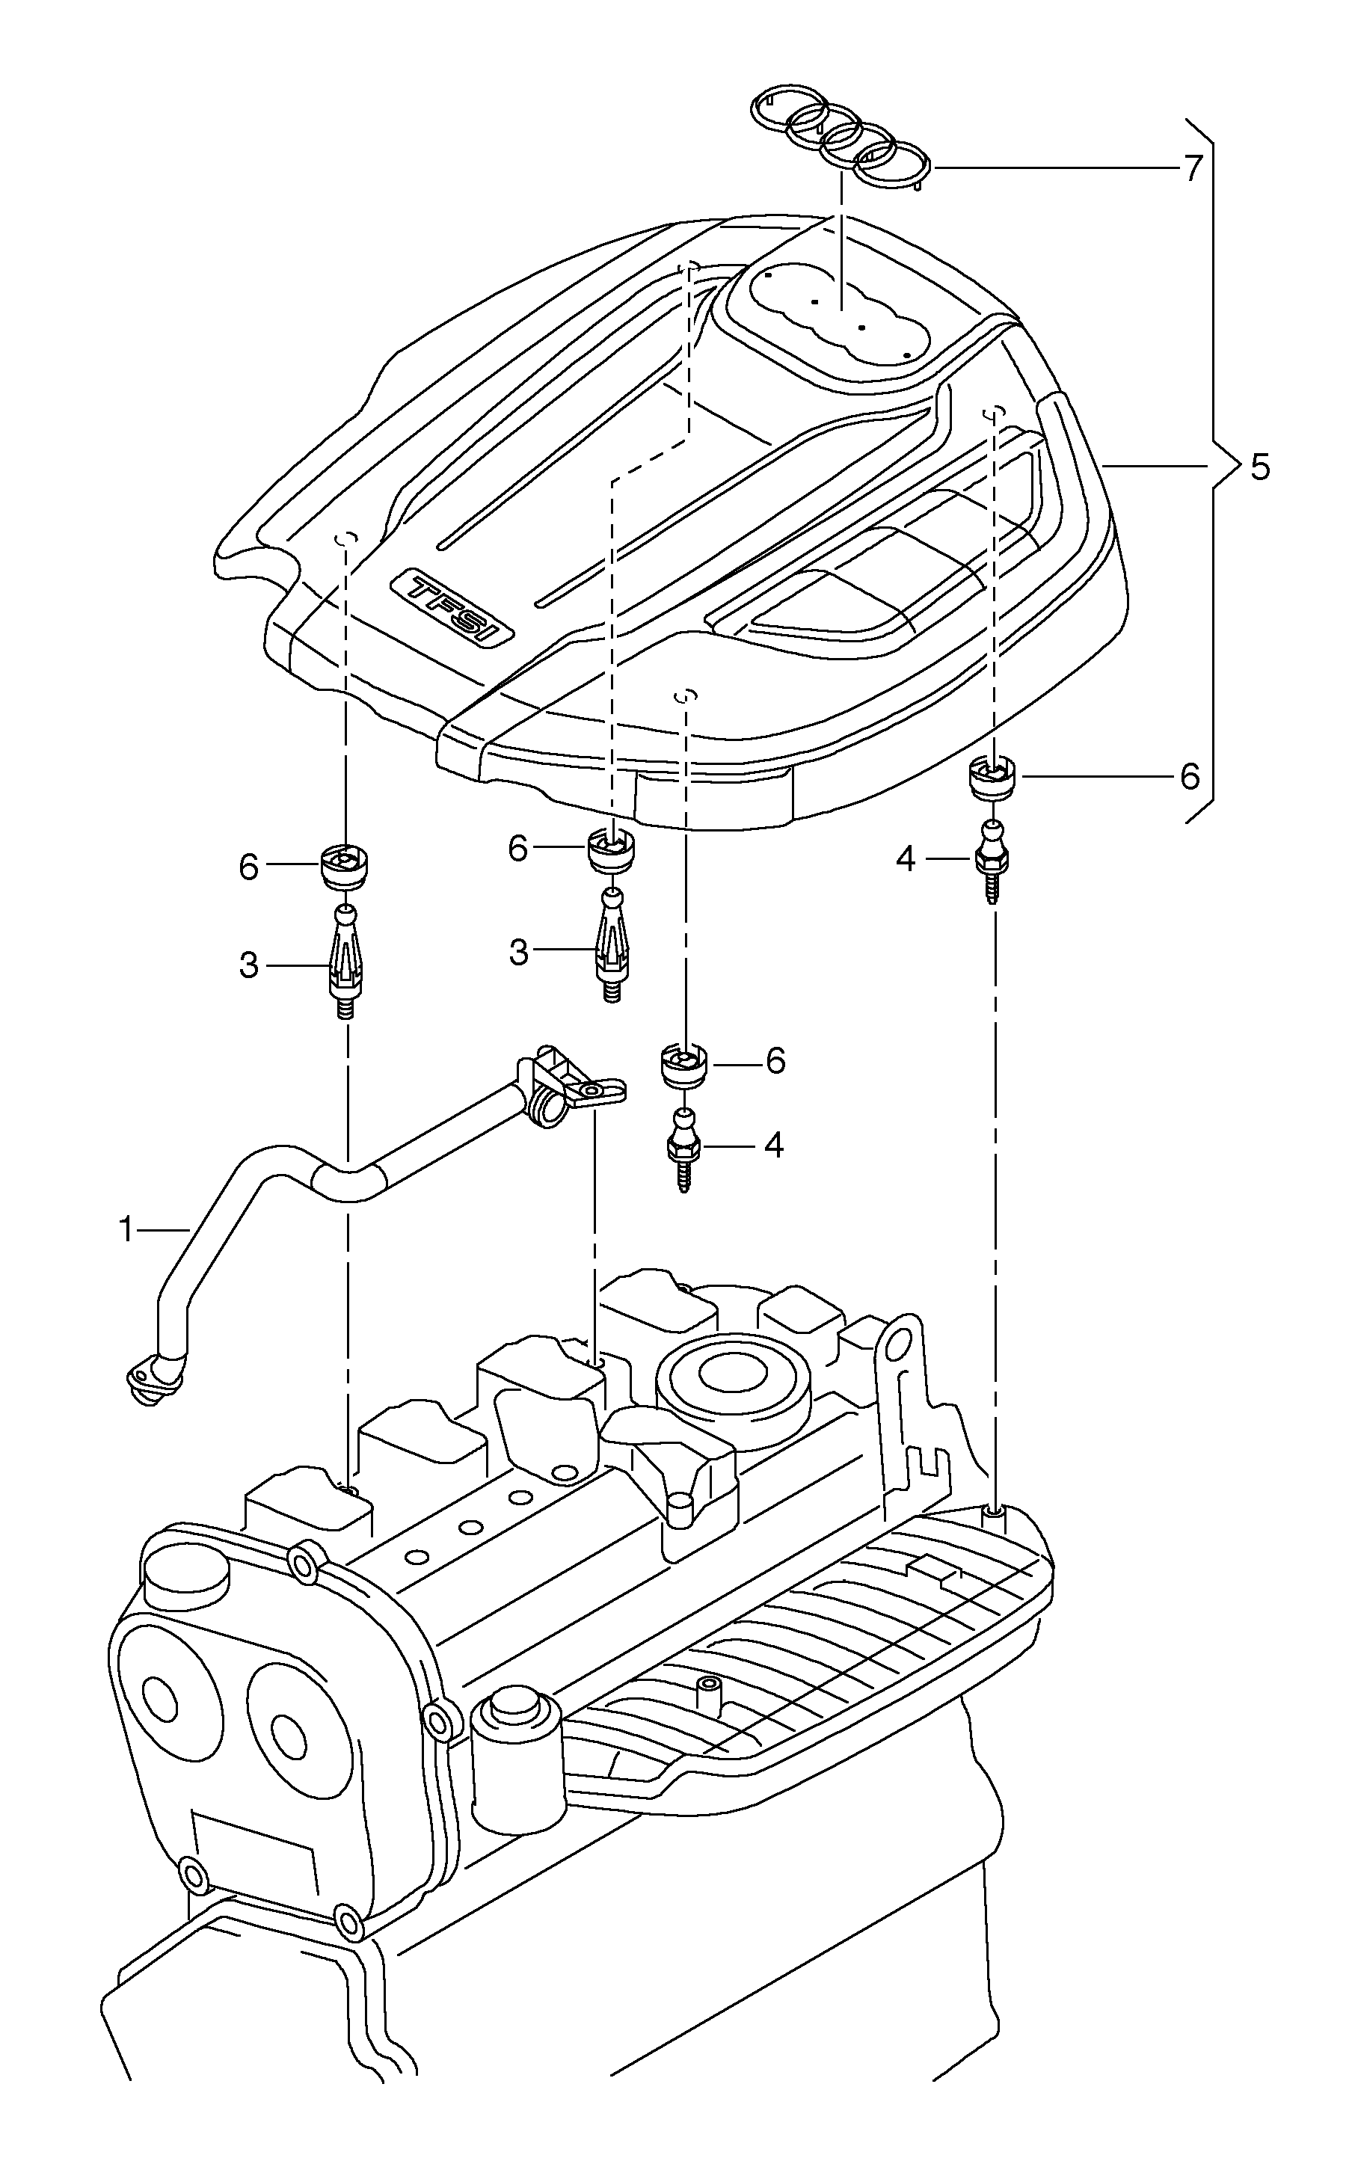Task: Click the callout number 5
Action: [x=1259, y=467]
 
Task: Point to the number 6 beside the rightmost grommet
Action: [x=1189, y=777]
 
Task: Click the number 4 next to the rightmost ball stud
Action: [x=906, y=860]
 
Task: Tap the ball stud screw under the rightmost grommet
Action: [x=992, y=860]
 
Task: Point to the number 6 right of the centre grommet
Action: [x=775, y=1060]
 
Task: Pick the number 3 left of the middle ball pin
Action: [x=519, y=953]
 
